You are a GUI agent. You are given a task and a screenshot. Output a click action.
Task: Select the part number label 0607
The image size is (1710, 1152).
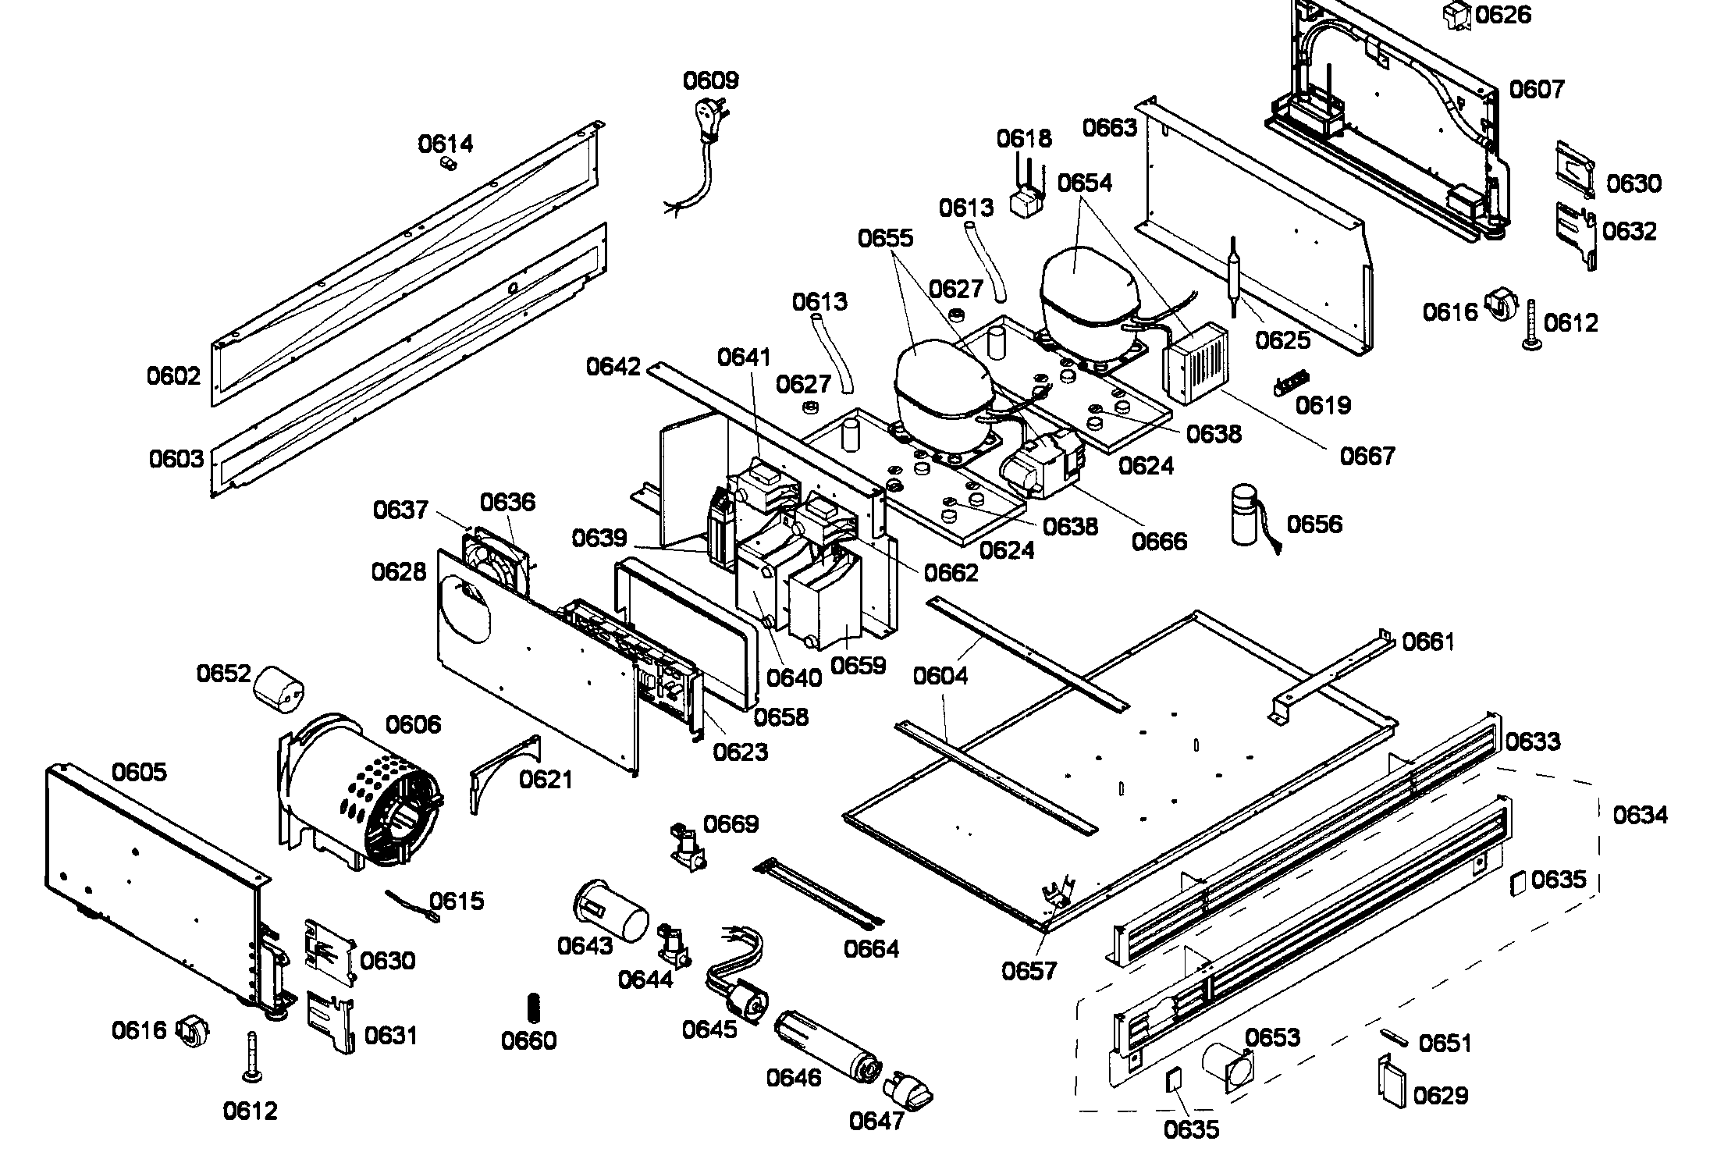pyautogui.click(x=1536, y=90)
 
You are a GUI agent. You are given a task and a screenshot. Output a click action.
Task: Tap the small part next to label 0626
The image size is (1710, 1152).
pyautogui.click(x=1454, y=15)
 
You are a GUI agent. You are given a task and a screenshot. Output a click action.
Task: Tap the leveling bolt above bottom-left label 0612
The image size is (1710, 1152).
pyautogui.click(x=252, y=1058)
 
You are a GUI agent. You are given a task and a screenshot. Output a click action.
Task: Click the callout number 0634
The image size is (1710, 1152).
pyautogui.click(x=1640, y=816)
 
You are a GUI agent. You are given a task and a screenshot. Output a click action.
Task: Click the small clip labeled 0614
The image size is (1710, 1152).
pyautogui.click(x=447, y=164)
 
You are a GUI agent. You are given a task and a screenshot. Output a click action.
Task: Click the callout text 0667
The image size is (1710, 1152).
pyautogui.click(x=1367, y=455)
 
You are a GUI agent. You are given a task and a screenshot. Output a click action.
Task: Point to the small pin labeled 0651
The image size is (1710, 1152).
pyautogui.click(x=1394, y=1036)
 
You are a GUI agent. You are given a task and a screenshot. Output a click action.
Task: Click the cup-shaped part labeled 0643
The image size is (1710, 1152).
pyautogui.click(x=611, y=908)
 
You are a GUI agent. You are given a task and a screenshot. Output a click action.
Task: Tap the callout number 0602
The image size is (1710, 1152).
pyautogui.click(x=173, y=377)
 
